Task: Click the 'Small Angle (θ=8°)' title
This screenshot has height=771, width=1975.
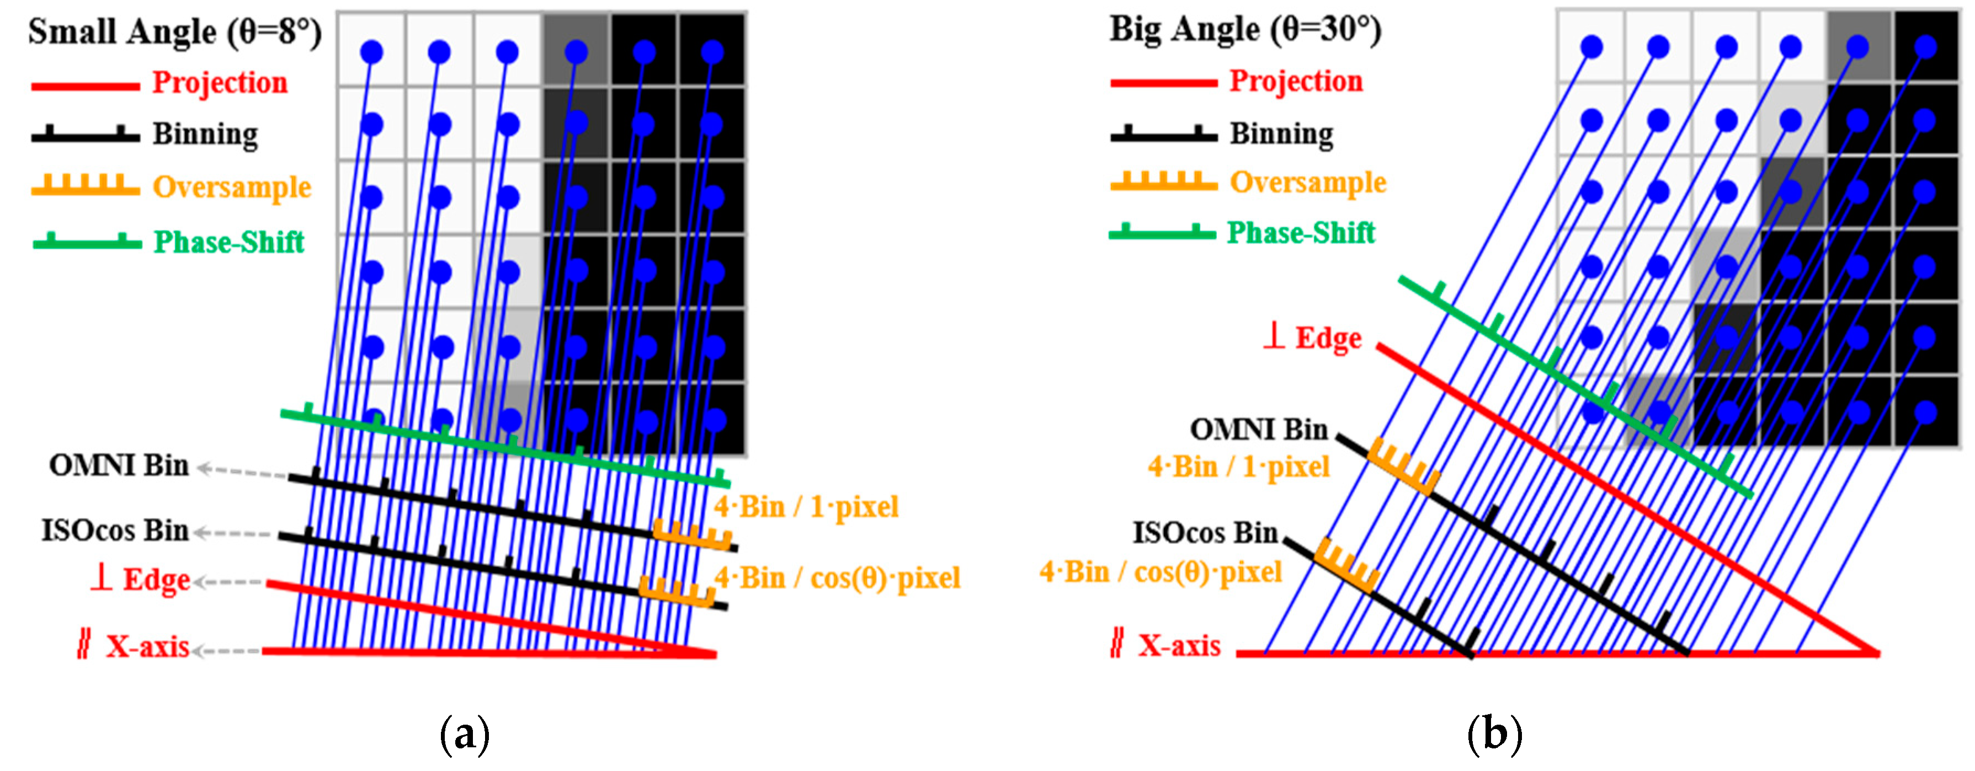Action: (x=175, y=32)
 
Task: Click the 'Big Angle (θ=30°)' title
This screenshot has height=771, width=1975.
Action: (x=1245, y=29)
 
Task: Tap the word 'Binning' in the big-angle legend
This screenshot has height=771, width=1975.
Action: (x=1281, y=133)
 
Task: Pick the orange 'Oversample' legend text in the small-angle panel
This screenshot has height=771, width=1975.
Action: (x=232, y=186)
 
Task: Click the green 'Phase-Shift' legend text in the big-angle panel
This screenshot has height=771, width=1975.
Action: (x=1301, y=232)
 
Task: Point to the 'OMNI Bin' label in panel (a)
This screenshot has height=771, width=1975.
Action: (x=119, y=465)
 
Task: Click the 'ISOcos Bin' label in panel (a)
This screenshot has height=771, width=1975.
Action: (x=115, y=531)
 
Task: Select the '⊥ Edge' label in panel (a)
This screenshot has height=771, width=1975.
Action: (x=140, y=580)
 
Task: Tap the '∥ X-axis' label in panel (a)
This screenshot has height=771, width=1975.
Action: (x=134, y=647)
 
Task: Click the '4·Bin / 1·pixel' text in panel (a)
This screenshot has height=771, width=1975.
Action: (x=806, y=507)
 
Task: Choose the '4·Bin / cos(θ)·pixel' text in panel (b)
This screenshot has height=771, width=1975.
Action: (x=1160, y=572)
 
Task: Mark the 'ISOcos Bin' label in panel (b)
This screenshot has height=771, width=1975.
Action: (x=1205, y=533)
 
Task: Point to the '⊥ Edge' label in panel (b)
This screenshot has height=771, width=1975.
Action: (x=1313, y=338)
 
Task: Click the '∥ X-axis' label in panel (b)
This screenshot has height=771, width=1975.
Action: (x=1166, y=645)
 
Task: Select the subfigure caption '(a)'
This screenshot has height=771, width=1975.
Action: (x=465, y=734)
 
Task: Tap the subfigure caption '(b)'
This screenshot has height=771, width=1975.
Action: (x=1493, y=734)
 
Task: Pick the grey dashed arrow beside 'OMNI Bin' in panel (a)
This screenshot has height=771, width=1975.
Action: (x=242, y=472)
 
